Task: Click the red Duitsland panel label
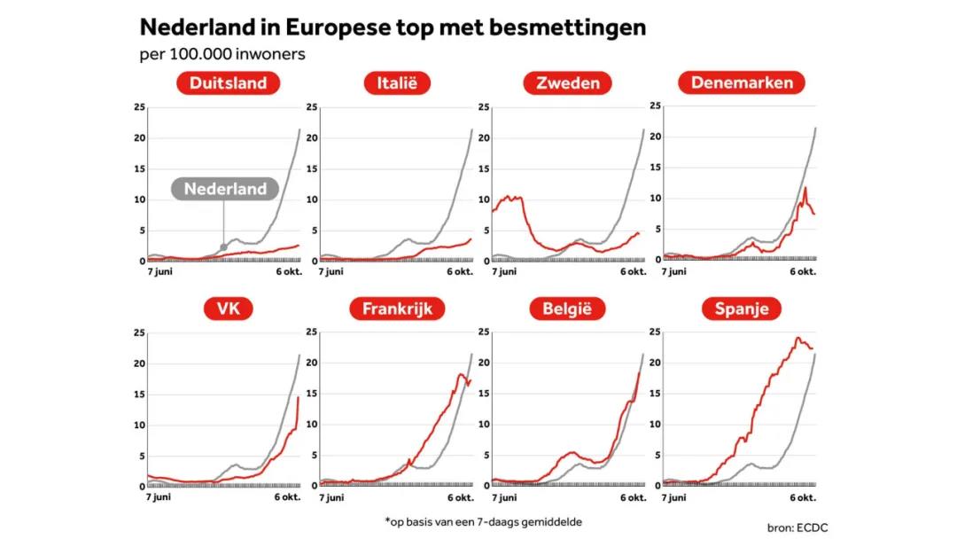click(x=228, y=83)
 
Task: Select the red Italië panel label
click(x=397, y=83)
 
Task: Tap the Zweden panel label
click(x=568, y=83)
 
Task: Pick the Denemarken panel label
click(x=742, y=82)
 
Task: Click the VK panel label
click(x=228, y=309)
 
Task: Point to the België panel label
click(x=568, y=309)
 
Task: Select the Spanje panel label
click(x=742, y=309)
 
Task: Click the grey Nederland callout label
click(x=225, y=189)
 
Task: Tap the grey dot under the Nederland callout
click(x=223, y=247)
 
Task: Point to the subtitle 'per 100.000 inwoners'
click(x=222, y=54)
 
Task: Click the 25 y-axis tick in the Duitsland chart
click(x=139, y=107)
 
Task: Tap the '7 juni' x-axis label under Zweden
click(x=505, y=272)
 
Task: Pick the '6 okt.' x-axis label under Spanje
click(x=803, y=497)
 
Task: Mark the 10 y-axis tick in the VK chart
click(x=139, y=426)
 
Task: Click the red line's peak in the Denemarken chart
click(x=805, y=187)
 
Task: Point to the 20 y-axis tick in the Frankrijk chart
click(x=311, y=363)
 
